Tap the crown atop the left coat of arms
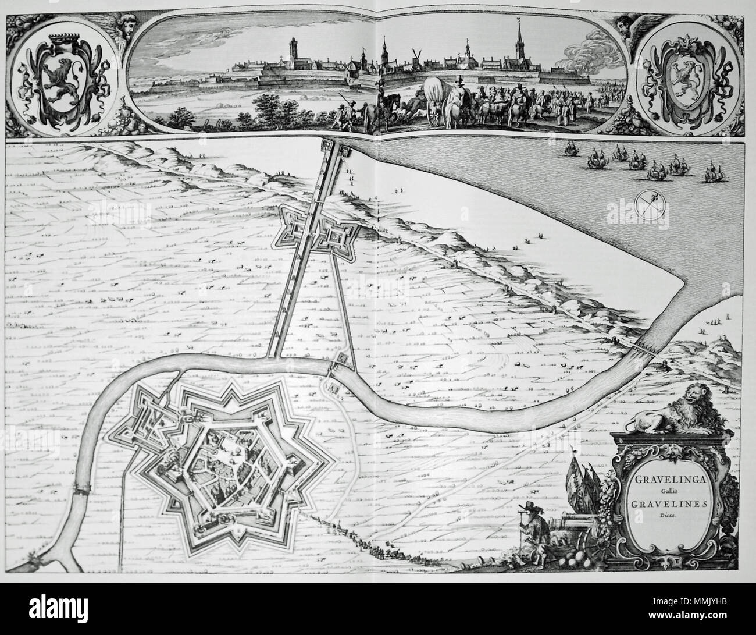(65, 36)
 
